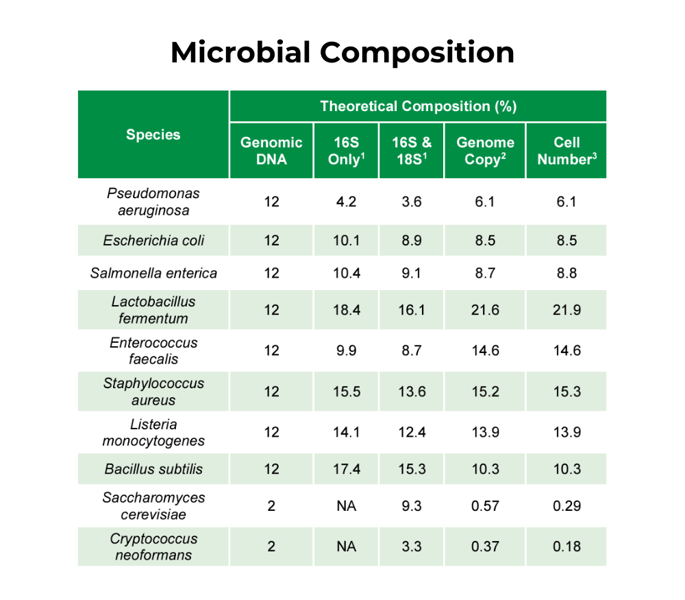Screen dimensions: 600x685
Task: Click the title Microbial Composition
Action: pyautogui.click(x=342, y=53)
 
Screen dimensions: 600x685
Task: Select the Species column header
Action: pyautogui.click(x=153, y=135)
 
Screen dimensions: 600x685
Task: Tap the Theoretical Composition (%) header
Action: pyautogui.click(x=418, y=106)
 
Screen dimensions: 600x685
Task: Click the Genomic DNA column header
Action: pyautogui.click(x=271, y=151)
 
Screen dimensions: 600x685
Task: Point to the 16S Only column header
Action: pyautogui.click(x=346, y=151)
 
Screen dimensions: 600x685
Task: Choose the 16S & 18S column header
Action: pyautogui.click(x=412, y=151)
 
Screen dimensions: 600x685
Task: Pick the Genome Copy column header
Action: pyautogui.click(x=485, y=151)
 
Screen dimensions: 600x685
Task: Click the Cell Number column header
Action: pyautogui.click(x=566, y=151)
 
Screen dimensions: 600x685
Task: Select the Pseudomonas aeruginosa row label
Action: pyautogui.click(x=153, y=202)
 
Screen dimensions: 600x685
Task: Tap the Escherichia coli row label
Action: pyautogui.click(x=153, y=241)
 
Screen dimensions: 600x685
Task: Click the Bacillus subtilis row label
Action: pyautogui.click(x=153, y=470)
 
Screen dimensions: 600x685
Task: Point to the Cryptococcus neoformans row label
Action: pyautogui.click(x=153, y=547)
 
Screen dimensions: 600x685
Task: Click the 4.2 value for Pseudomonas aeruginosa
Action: pyautogui.click(x=346, y=202)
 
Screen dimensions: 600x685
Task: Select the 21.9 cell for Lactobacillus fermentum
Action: pyautogui.click(x=566, y=310)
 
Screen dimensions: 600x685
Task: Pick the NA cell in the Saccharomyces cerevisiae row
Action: pyautogui.click(x=346, y=506)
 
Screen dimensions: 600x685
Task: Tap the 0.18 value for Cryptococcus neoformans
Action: pyautogui.click(x=566, y=547)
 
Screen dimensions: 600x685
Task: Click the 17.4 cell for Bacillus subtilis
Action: pyautogui.click(x=346, y=470)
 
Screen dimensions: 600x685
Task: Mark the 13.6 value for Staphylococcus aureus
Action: pyautogui.click(x=412, y=392)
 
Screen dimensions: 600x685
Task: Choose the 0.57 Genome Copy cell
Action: pyautogui.click(x=485, y=506)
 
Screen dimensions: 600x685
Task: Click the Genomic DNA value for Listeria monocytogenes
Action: pyautogui.click(x=271, y=432)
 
